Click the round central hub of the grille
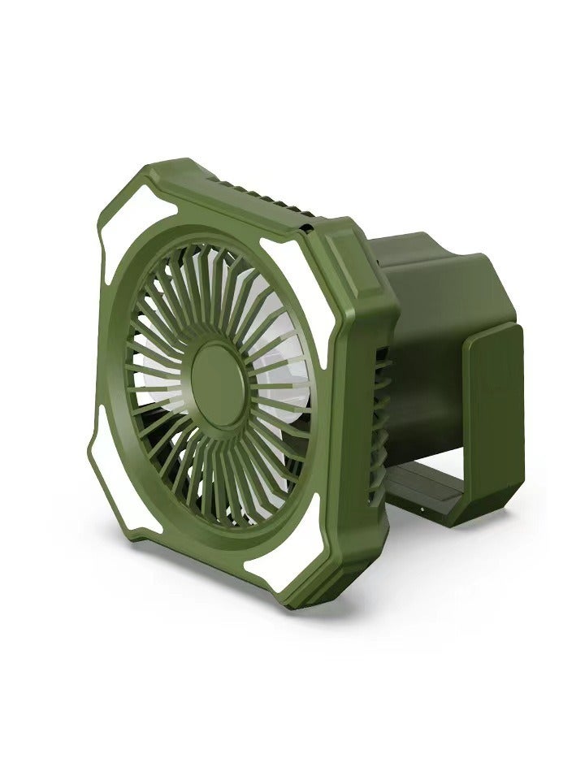click(x=219, y=375)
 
